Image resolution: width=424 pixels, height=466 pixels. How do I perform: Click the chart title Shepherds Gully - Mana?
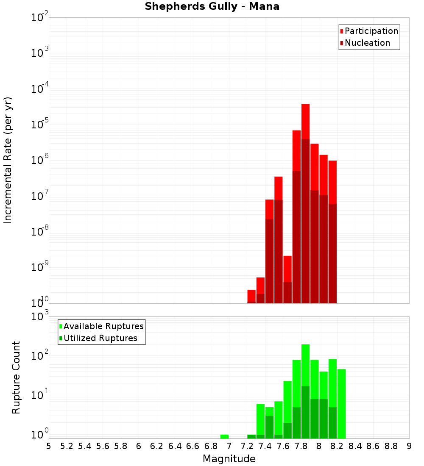click(x=212, y=7)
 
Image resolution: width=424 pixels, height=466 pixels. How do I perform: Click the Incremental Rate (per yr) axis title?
click(x=8, y=161)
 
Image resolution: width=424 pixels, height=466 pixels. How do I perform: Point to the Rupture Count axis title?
click(x=16, y=377)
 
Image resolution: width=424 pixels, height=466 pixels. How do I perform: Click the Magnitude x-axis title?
click(x=229, y=459)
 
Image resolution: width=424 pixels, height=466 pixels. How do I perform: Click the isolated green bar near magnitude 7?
click(x=224, y=436)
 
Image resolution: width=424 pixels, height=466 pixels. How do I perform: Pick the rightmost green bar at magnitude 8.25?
click(x=342, y=402)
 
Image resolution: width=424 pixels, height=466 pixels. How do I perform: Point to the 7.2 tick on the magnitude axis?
click(x=247, y=446)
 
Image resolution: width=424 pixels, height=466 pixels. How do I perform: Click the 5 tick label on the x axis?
click(x=49, y=446)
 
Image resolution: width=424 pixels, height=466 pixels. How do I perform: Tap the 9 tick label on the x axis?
click(x=409, y=446)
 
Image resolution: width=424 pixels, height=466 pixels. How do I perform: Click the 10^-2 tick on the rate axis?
click(x=40, y=18)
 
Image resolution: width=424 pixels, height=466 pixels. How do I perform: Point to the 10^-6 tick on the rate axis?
click(x=40, y=161)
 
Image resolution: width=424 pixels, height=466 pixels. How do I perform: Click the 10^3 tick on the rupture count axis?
click(x=40, y=317)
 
